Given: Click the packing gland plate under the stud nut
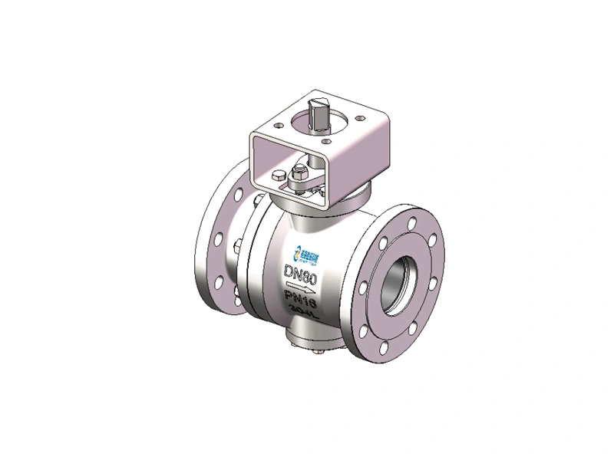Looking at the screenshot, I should click(x=307, y=185).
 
